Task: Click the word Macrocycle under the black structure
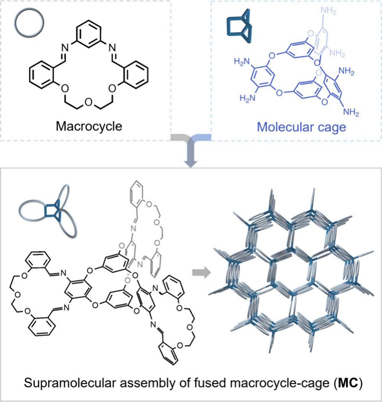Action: (x=89, y=126)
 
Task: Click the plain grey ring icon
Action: (x=30, y=23)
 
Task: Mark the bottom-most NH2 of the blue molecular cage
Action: (x=350, y=112)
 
